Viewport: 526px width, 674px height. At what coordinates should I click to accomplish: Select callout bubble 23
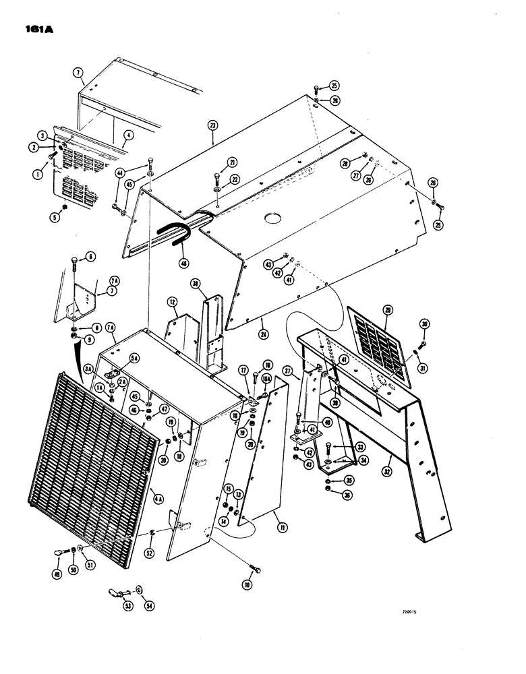[x=212, y=125]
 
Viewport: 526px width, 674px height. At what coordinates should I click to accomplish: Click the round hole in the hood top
[x=273, y=219]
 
